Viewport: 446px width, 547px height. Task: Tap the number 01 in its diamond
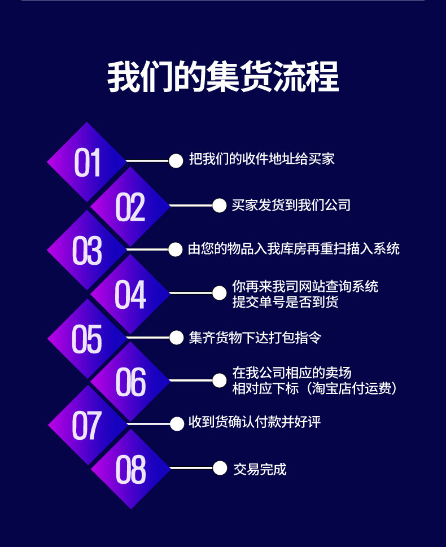tap(87, 162)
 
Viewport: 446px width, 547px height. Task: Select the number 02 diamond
tap(130, 207)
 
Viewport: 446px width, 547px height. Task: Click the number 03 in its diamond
tap(87, 251)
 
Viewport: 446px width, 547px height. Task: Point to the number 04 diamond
tap(130, 294)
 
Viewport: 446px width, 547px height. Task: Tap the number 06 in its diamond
tap(130, 382)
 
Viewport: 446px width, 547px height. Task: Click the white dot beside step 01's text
tap(176, 161)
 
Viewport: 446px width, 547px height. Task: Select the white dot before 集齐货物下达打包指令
tap(176, 338)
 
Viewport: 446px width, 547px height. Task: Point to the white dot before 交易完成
tap(220, 468)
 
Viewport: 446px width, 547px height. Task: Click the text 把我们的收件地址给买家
tap(262, 159)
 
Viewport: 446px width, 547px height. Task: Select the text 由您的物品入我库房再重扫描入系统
tap(294, 249)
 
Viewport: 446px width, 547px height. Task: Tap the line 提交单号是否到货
tap(286, 302)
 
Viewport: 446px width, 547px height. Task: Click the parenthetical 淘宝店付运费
tap(354, 388)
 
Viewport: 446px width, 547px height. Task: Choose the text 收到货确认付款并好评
tap(255, 422)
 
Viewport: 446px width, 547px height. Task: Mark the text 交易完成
tap(260, 469)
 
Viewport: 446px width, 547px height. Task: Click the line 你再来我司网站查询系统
tap(305, 286)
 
